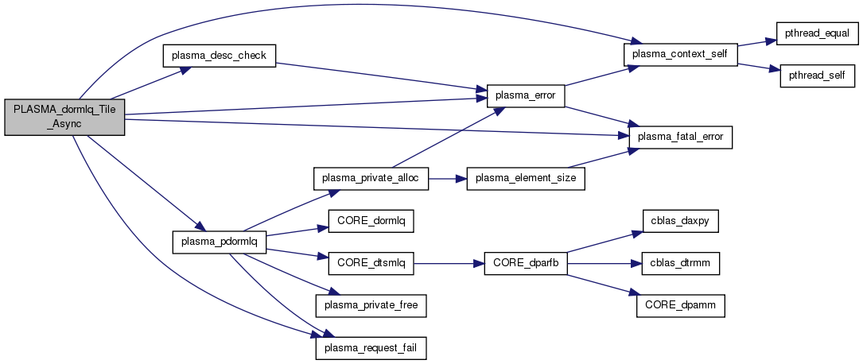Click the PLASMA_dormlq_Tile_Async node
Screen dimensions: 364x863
[64, 118]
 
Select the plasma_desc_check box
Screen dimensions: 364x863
[219, 55]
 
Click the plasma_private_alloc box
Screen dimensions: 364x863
[371, 178]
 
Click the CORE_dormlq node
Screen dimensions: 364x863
[371, 221]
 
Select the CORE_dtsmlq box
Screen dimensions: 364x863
[371, 263]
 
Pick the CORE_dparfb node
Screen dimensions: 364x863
[526, 263]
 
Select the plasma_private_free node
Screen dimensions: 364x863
[371, 304]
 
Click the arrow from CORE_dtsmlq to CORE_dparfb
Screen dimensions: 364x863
[449, 263]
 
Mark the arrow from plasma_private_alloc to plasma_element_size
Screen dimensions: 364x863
[448, 178]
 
